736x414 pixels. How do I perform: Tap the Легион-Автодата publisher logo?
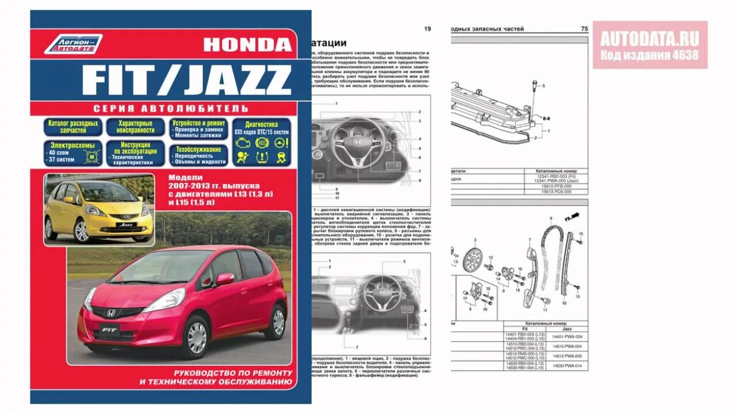click(72, 44)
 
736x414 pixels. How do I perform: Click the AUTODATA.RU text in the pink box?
click(650, 39)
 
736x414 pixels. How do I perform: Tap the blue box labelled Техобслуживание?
click(198, 155)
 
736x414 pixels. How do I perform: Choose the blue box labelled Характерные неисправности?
click(135, 127)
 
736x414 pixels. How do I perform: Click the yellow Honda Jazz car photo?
click(98, 210)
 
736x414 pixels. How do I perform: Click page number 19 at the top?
click(427, 29)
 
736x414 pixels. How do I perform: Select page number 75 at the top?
click(584, 29)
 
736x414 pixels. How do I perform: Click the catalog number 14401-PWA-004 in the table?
click(566, 336)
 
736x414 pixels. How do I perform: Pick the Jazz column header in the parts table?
click(567, 328)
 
